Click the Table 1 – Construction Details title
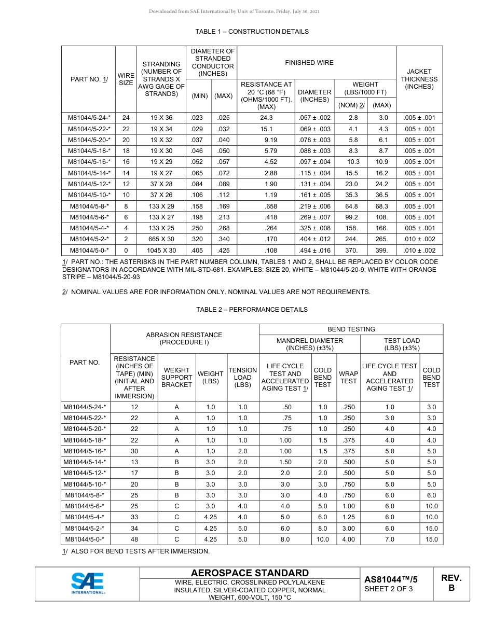click(252, 32)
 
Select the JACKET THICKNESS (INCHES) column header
click(419, 79)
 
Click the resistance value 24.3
click(266, 118)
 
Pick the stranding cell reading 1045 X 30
click(161, 251)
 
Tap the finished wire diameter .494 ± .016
click(314, 251)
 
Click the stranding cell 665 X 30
click(161, 239)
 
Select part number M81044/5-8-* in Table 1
click(89, 206)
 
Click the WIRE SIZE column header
click(126, 79)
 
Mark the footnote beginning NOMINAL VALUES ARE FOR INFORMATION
click(216, 292)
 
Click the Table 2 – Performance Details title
click(252, 310)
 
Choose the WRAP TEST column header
click(348, 377)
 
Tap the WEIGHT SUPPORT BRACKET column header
click(176, 377)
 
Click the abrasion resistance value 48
click(134, 539)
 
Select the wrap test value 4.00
click(348, 539)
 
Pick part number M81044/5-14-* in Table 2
click(85, 462)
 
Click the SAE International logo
click(88, 584)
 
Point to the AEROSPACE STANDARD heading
click(250, 573)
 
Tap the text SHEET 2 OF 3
click(389, 589)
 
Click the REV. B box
click(451, 583)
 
